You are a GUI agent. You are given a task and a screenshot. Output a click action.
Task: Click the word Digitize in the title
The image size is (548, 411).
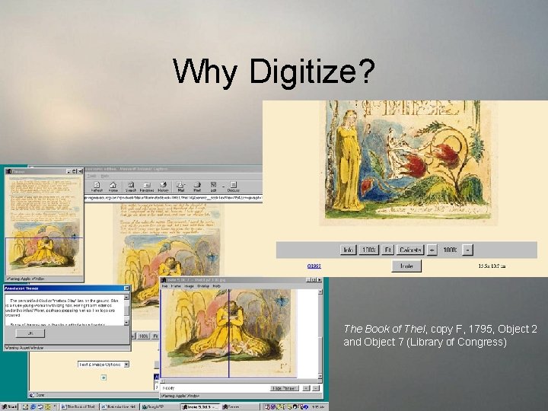point(312,72)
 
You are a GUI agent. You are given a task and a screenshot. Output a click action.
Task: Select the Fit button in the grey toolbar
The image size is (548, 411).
point(387,250)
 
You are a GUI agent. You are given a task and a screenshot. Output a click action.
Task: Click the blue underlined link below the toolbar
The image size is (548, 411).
point(314,266)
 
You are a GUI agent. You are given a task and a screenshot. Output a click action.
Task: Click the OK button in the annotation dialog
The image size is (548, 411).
point(30,333)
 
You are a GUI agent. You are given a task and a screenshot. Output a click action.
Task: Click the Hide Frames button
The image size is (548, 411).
point(282,387)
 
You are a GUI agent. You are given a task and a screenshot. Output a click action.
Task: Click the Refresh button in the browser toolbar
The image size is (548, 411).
point(97,187)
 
